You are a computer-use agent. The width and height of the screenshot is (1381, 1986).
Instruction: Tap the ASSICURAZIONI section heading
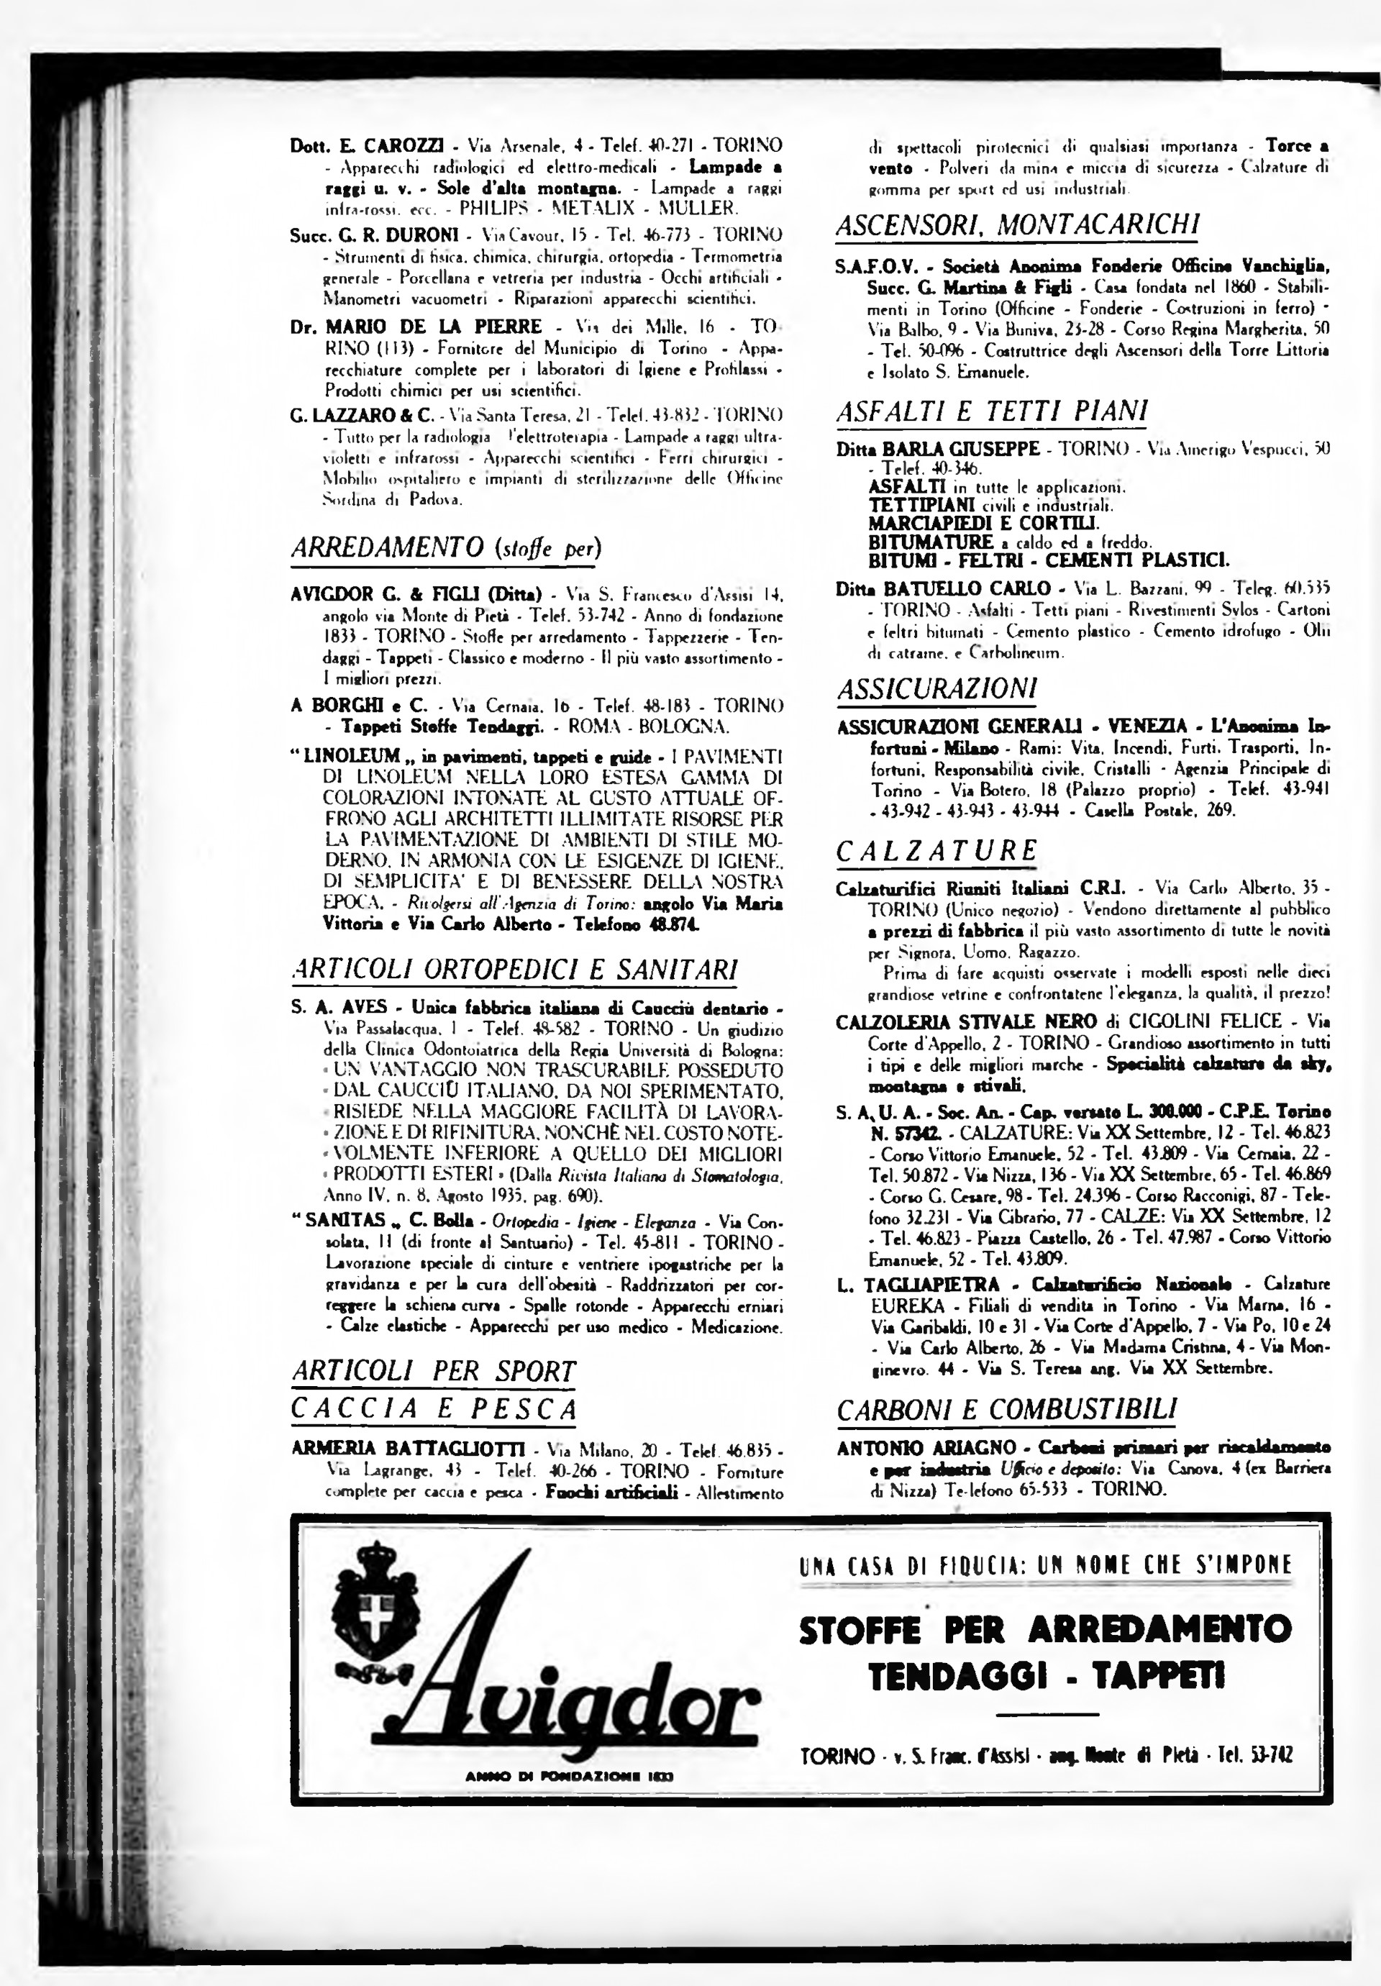[936, 688]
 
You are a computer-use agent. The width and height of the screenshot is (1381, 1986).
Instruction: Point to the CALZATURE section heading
[936, 851]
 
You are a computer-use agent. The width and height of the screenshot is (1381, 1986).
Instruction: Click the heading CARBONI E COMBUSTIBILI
[1006, 1409]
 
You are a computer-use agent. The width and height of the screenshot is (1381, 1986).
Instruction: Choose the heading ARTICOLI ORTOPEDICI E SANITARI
[514, 970]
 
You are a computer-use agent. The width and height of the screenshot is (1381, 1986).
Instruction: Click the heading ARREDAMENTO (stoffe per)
[445, 548]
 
